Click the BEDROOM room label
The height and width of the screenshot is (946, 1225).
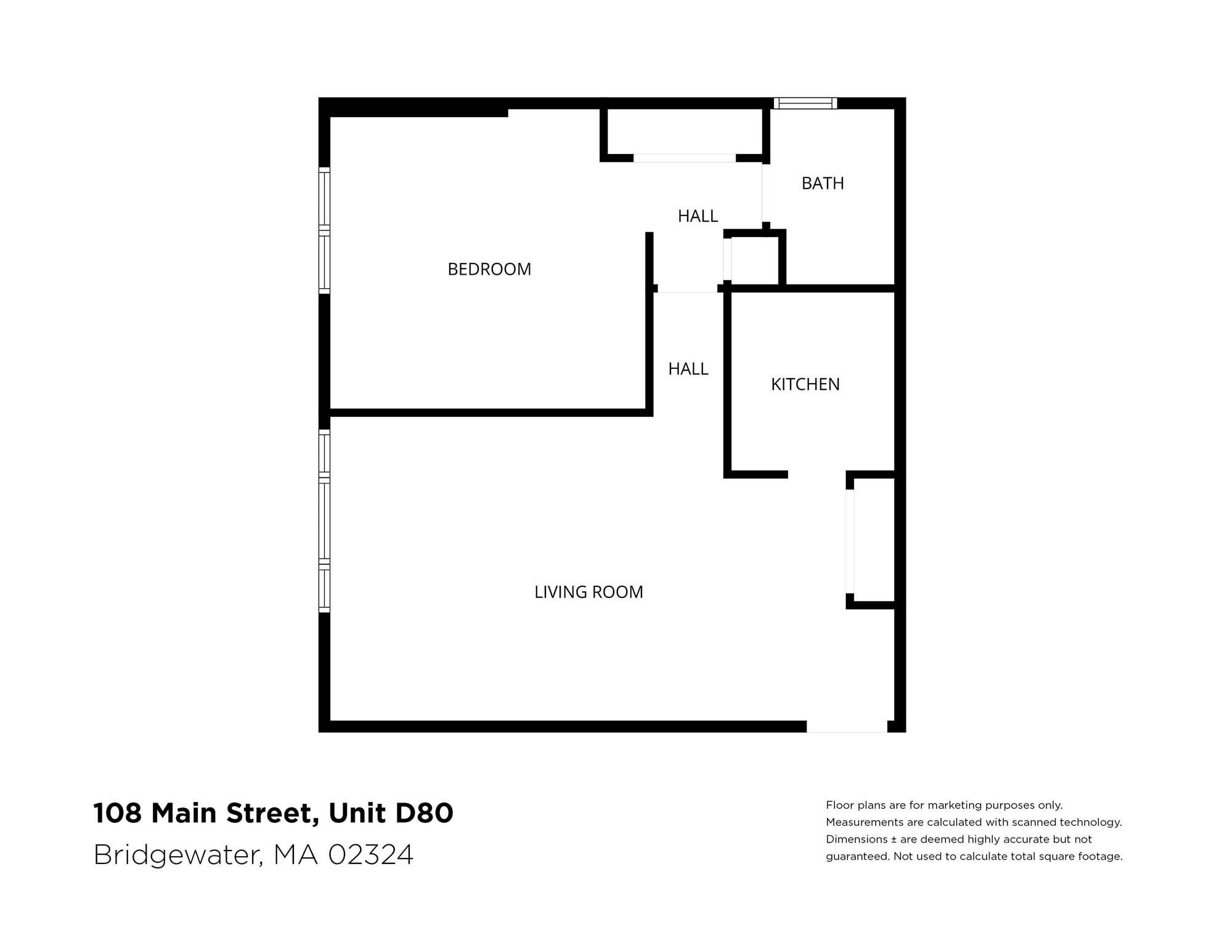click(x=489, y=269)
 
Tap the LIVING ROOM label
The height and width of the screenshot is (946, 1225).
click(x=588, y=592)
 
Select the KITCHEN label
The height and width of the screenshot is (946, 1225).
click(x=805, y=384)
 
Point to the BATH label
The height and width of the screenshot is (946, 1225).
click(x=823, y=184)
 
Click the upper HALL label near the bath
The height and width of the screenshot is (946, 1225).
click(x=698, y=216)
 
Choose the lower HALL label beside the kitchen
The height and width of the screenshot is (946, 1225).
click(x=688, y=369)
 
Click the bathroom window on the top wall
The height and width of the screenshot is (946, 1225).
click(x=805, y=103)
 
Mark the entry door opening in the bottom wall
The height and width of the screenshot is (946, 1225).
click(x=847, y=727)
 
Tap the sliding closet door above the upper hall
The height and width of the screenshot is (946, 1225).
click(x=685, y=158)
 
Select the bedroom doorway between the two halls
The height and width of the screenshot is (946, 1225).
click(x=688, y=289)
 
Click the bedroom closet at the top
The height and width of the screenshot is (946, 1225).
click(x=685, y=131)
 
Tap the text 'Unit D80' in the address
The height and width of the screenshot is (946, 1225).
click(x=391, y=813)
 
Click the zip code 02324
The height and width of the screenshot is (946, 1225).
click(x=370, y=854)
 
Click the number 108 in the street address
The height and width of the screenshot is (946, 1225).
click(x=117, y=813)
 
